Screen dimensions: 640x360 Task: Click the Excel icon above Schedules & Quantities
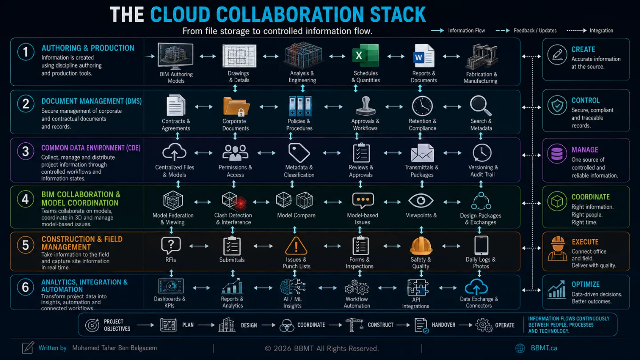[365, 56]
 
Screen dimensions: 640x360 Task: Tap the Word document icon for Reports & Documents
[424, 56]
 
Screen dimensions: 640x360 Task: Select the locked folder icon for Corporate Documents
[236, 106]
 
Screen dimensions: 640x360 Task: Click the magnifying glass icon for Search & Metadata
[481, 105]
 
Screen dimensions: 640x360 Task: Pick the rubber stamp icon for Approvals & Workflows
[365, 106]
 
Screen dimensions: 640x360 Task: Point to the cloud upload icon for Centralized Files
[174, 152]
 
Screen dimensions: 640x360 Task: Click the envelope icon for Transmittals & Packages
[422, 153]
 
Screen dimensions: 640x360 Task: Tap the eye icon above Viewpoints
[421, 200]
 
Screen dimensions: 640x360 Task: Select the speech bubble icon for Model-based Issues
[363, 200]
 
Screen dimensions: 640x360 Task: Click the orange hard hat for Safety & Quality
[421, 246]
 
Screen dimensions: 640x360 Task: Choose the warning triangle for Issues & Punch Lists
[296, 246]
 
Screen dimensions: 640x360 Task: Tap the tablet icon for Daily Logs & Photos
[481, 245]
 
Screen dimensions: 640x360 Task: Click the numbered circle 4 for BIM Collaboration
[25, 199]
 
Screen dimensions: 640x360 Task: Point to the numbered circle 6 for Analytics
[25, 287]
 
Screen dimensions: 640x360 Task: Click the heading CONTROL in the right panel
[585, 100]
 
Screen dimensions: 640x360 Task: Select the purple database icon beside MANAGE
[557, 154]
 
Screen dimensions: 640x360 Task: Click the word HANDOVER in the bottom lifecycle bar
[444, 325]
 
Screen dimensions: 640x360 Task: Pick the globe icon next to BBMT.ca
[520, 348]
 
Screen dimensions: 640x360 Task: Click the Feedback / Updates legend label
[535, 31]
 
